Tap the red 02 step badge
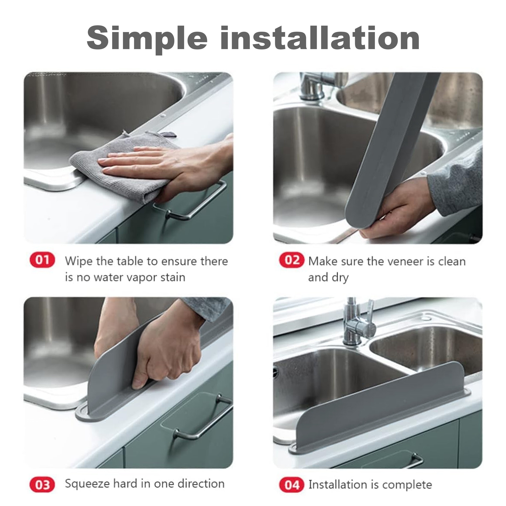[291, 260]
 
